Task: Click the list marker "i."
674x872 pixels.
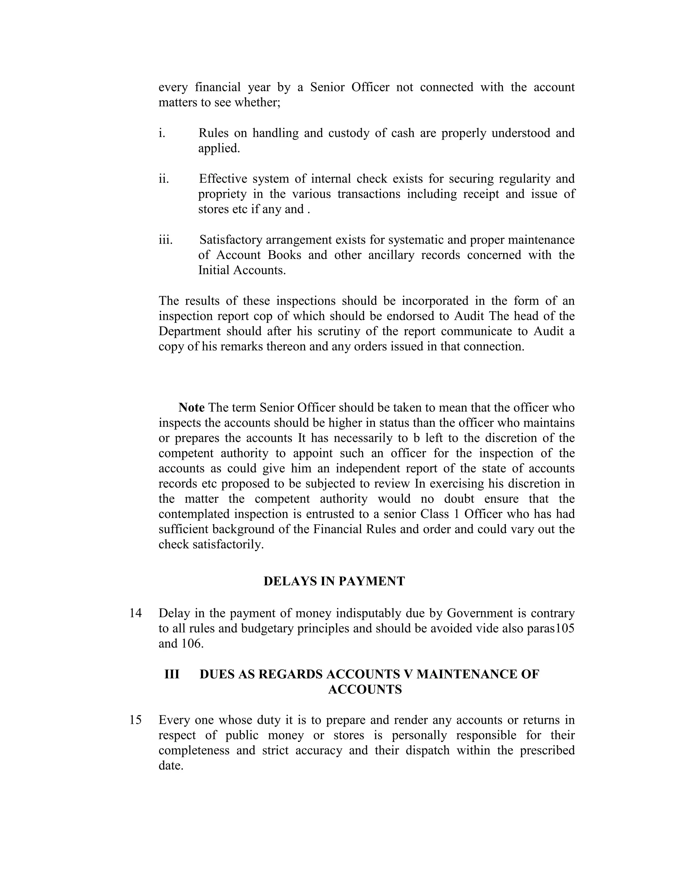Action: point(162,133)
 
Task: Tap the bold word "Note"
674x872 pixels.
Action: point(191,407)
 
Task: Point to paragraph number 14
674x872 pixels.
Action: point(135,613)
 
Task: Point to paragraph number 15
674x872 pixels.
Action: point(135,720)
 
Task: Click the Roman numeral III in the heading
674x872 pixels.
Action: point(172,674)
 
